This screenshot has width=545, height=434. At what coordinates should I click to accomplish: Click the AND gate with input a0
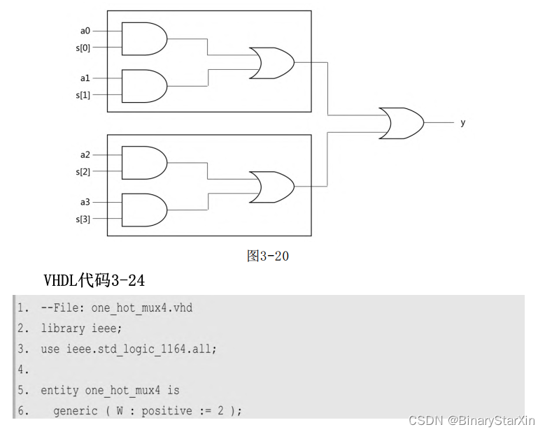click(143, 39)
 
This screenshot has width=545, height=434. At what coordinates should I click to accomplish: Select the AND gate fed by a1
click(143, 86)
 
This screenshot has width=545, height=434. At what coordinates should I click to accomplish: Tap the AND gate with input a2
click(143, 163)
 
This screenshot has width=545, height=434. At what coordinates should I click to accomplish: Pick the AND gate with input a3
click(143, 210)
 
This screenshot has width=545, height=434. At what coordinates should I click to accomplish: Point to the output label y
click(462, 123)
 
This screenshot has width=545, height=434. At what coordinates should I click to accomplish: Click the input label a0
click(85, 31)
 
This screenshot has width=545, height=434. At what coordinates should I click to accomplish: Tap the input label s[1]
click(83, 94)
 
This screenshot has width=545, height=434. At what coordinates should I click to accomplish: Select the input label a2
click(85, 154)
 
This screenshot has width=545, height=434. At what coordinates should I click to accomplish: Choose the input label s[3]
click(83, 218)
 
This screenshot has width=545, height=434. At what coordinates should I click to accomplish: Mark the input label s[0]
click(83, 48)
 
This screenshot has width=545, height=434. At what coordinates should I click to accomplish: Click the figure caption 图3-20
click(267, 256)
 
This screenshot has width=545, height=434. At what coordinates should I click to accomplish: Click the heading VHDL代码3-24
click(94, 281)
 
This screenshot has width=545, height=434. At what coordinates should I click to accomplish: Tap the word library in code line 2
click(62, 328)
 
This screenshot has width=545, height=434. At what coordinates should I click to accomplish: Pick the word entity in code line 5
click(59, 390)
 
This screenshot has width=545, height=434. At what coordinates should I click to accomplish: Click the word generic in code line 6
click(75, 410)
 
